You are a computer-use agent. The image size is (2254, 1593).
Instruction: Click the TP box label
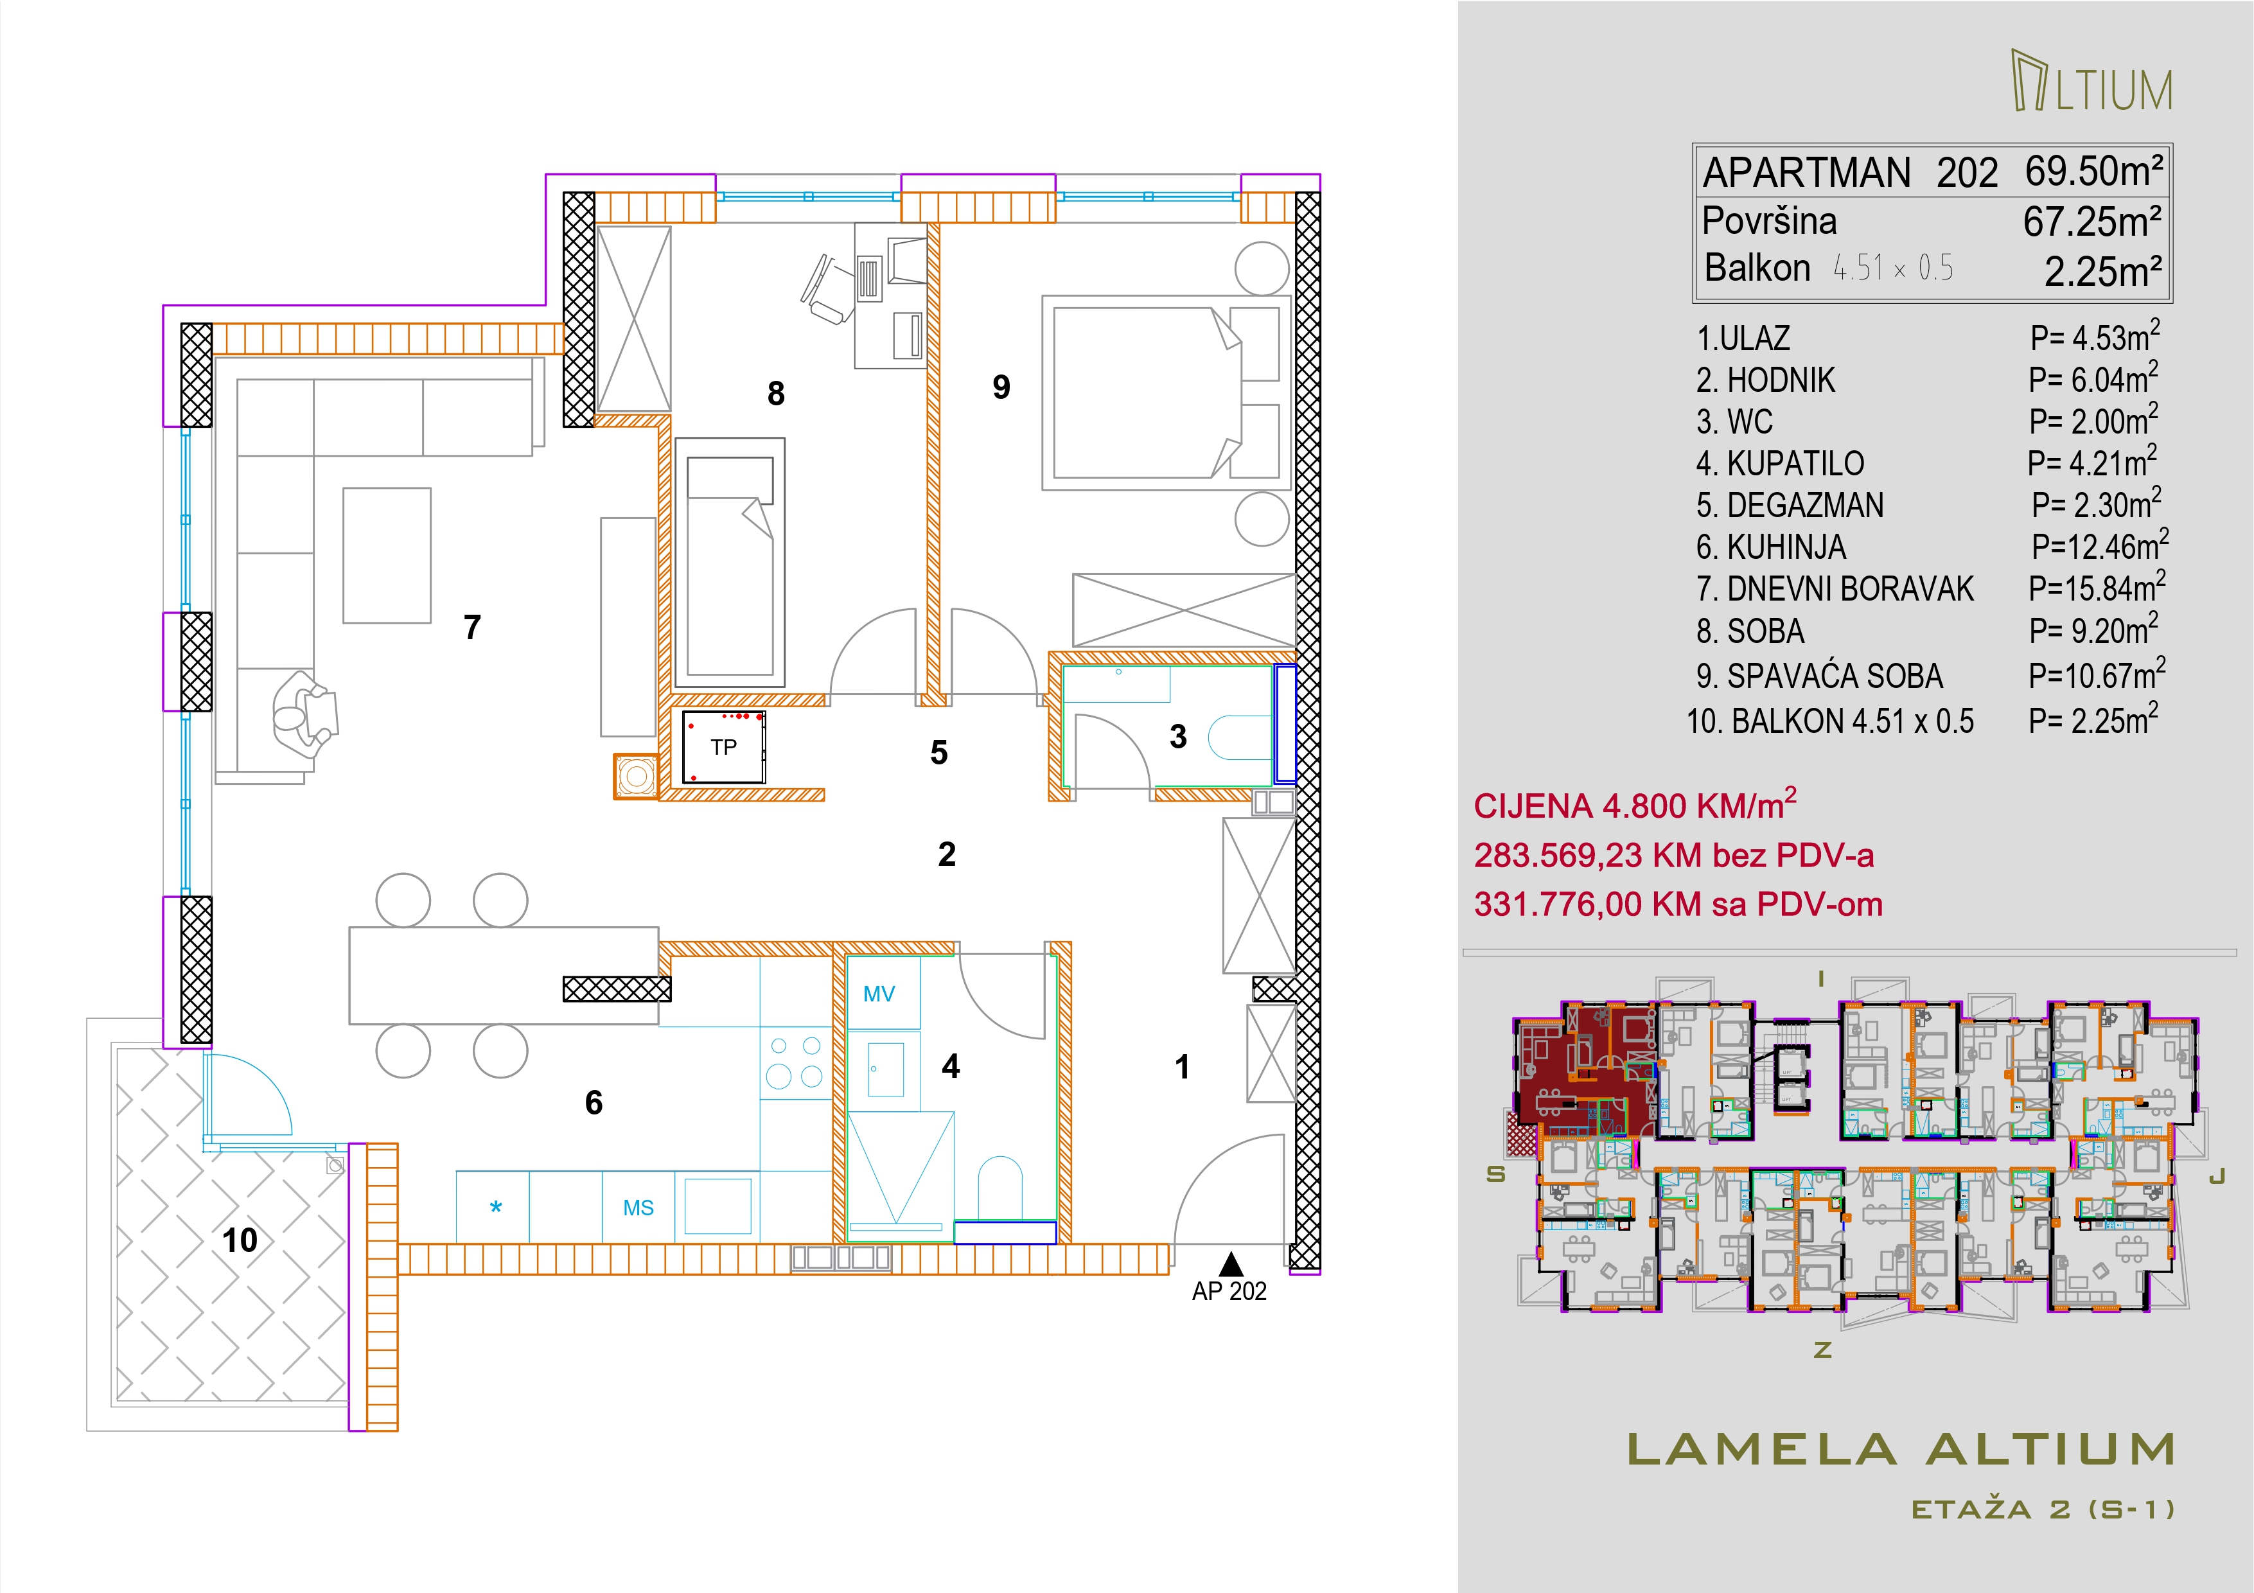[x=723, y=747]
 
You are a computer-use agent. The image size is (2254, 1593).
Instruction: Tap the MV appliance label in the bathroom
[x=879, y=994]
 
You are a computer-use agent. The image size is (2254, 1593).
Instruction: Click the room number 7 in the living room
[x=472, y=627]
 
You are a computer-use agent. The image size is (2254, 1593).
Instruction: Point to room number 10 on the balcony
[x=240, y=1240]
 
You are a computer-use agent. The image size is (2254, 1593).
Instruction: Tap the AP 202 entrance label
[x=1229, y=1292]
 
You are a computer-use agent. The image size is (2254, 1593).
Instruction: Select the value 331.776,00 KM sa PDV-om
[x=1678, y=904]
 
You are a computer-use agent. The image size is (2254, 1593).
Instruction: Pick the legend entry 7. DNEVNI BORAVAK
[x=1835, y=589]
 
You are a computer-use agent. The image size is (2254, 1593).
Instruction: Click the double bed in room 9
[x=1165, y=392]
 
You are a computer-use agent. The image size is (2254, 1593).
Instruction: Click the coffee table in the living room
[x=387, y=556]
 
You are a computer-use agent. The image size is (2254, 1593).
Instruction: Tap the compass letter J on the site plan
[x=2215, y=1176]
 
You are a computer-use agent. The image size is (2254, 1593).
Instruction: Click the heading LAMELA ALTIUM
[x=1901, y=1450]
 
